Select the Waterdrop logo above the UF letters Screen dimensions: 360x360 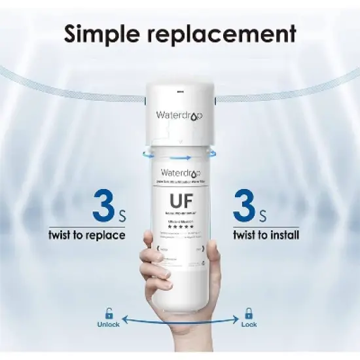(x=180, y=175)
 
